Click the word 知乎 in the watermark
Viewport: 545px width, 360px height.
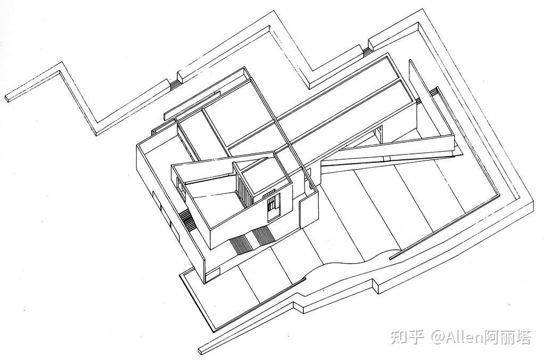point(407,337)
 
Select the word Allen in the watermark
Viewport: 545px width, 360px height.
point(465,337)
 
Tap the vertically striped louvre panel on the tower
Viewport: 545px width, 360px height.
point(244,191)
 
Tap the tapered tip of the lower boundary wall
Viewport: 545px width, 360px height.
point(202,351)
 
